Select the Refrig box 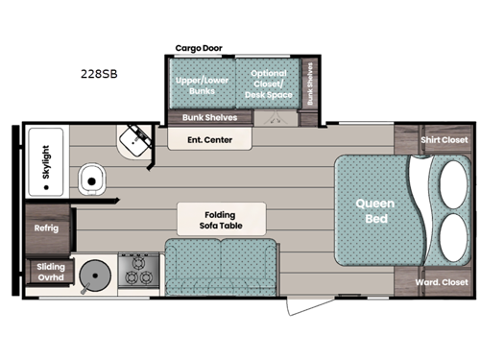click(x=47, y=228)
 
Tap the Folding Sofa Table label click(x=207, y=222)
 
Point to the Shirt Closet click(x=443, y=140)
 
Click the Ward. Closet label click(x=443, y=282)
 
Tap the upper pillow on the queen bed click(x=446, y=179)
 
